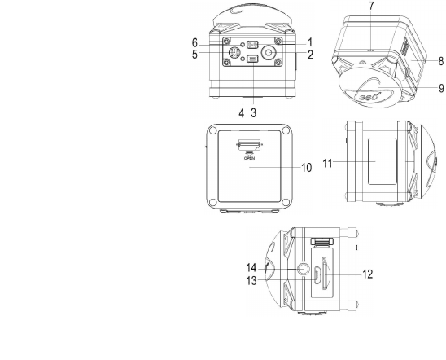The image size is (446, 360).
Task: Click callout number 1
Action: click(310, 42)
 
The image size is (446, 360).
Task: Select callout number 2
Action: click(310, 55)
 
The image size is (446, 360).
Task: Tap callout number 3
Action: click(253, 112)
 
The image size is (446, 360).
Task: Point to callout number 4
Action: click(242, 113)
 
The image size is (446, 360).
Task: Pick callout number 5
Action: click(195, 55)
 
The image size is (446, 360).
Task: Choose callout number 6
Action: click(195, 43)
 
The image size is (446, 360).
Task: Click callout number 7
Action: click(371, 6)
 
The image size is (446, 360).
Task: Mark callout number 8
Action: click(441, 61)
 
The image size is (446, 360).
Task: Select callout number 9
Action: click(441, 88)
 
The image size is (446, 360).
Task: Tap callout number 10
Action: click(307, 168)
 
